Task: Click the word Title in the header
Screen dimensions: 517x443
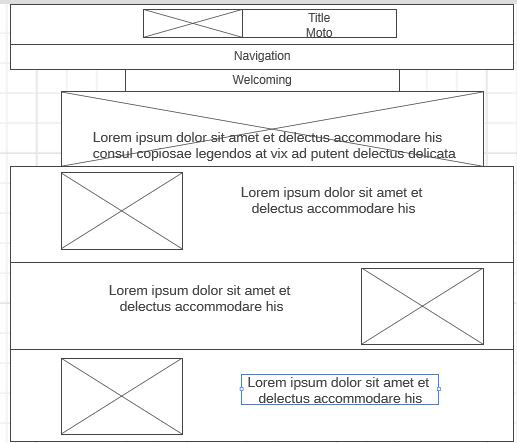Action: click(x=319, y=18)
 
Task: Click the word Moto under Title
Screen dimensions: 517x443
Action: click(x=319, y=33)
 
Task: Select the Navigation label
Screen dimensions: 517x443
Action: click(x=262, y=56)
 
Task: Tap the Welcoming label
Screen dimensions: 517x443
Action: click(x=262, y=80)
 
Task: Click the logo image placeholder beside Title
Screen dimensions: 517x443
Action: click(x=193, y=23)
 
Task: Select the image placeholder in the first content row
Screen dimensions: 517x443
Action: click(x=122, y=211)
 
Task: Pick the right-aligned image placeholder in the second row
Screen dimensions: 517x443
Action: click(x=422, y=306)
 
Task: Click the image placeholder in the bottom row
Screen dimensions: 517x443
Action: click(x=122, y=396)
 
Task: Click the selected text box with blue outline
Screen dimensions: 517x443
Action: click(x=340, y=390)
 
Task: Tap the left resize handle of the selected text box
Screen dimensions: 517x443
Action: click(x=242, y=389)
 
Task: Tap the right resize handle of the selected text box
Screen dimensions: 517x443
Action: click(x=439, y=389)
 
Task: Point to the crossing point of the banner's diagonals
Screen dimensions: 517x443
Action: click(x=273, y=129)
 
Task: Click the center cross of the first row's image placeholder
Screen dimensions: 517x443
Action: click(x=122, y=211)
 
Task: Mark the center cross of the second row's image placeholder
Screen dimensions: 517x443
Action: click(x=422, y=306)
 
